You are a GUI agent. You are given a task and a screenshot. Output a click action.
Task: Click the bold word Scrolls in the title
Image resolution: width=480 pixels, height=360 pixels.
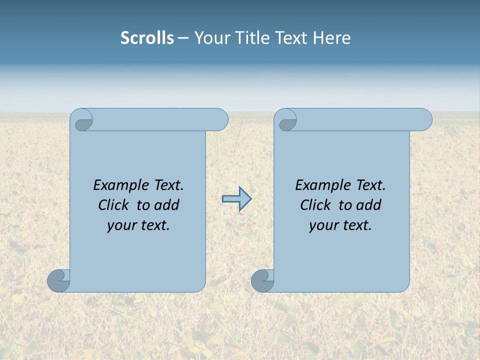point(147,38)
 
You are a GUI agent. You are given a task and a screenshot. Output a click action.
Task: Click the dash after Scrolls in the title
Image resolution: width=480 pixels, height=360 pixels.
point(183,38)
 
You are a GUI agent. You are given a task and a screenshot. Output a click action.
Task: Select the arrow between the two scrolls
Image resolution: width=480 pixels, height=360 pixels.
point(236,199)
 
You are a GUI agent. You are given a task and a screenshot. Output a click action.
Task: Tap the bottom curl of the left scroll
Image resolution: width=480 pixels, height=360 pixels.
point(58,280)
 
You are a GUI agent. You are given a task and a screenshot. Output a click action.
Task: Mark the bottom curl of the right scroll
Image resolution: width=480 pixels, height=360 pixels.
point(262,280)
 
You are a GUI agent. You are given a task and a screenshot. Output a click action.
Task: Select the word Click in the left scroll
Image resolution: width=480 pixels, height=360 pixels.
point(113,205)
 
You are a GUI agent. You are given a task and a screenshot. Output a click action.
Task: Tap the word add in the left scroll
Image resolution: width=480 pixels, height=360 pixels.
point(166,205)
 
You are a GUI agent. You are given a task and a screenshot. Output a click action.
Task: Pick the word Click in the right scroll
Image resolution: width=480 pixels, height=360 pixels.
point(315,205)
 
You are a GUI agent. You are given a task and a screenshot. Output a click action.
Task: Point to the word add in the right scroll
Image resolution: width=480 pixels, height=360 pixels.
point(368,205)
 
